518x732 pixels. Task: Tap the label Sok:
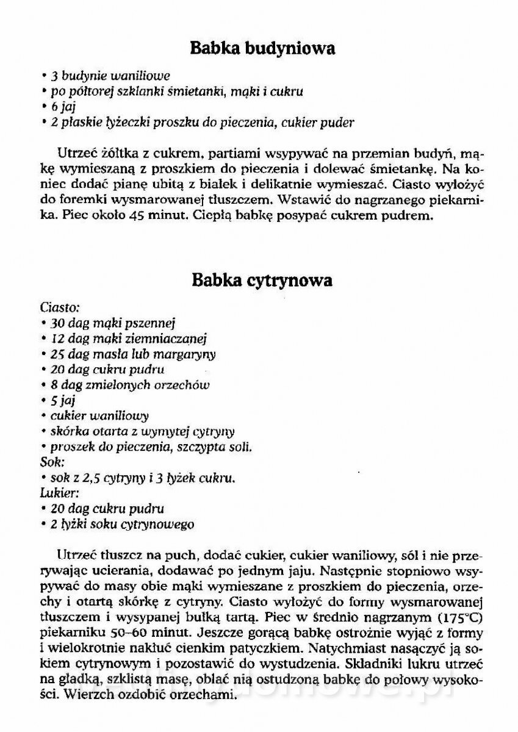tap(52, 462)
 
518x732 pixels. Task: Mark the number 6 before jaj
tap(53, 107)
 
